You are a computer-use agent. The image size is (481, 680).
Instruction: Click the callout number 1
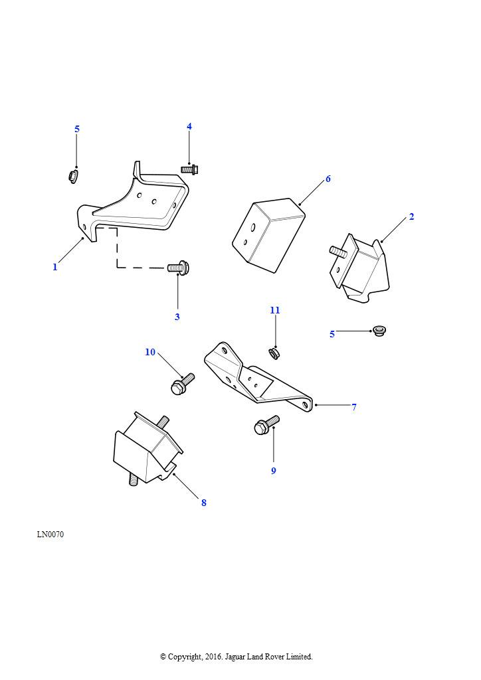tap(55, 267)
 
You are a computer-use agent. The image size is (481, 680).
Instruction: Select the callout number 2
tap(412, 216)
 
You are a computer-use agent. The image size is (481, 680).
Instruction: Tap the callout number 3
tap(177, 317)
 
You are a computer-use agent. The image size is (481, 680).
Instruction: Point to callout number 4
tap(189, 126)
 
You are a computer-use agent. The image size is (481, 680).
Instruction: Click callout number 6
tap(328, 179)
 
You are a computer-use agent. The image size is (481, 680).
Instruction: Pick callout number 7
tap(354, 407)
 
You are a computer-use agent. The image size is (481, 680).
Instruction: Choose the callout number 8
tap(204, 503)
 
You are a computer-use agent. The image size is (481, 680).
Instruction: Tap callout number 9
tap(273, 471)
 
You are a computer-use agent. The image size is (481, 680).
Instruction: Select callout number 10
tap(150, 352)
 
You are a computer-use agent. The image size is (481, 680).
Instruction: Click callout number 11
tap(275, 310)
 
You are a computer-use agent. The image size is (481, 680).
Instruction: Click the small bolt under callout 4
tap(187, 169)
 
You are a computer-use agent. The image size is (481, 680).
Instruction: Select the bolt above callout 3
tap(178, 268)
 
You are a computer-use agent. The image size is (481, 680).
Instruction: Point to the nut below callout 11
tap(274, 353)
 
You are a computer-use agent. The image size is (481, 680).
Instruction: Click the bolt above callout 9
tap(266, 425)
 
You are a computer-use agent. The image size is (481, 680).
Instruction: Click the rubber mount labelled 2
tap(360, 268)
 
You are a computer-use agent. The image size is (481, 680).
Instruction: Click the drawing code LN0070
tap(50, 535)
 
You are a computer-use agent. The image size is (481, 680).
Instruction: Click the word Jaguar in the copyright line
tap(235, 657)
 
